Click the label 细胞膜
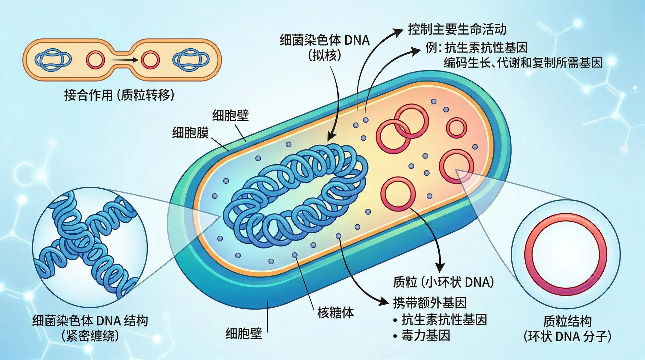tap(190, 133)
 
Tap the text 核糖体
tap(335, 313)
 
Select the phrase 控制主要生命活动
tap(457, 30)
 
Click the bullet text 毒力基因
tap(426, 335)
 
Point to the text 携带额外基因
tap(430, 303)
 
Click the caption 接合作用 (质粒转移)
tap(119, 95)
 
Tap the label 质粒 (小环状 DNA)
tap(443, 282)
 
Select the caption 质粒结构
tap(567, 321)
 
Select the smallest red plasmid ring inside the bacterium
tap(456, 128)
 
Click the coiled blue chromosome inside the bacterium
tap(296, 195)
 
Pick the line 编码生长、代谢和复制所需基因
tap(523, 63)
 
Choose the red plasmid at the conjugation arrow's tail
tap(95, 60)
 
